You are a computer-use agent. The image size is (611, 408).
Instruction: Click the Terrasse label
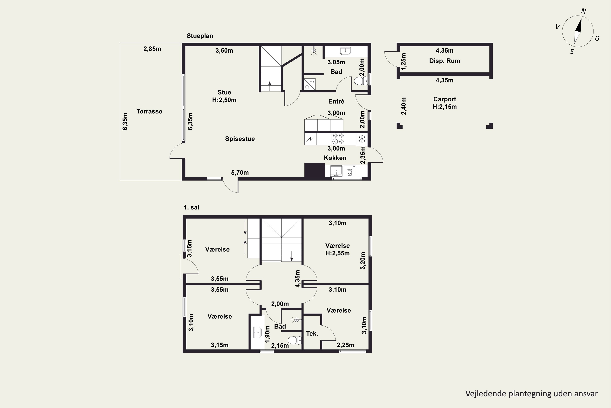[x=149, y=111]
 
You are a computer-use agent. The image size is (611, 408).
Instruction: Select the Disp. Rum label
[x=444, y=61]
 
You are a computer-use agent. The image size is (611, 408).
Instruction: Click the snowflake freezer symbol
[x=362, y=139]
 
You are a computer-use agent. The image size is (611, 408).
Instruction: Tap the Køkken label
[x=335, y=158]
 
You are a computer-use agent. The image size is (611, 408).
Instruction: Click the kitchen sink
[x=336, y=171]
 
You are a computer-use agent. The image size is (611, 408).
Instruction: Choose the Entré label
[x=336, y=101]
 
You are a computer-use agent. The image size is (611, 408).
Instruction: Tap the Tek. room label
[x=312, y=334]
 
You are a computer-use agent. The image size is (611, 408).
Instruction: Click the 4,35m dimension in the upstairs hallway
[x=297, y=279]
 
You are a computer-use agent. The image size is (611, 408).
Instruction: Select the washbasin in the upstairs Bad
[x=257, y=333]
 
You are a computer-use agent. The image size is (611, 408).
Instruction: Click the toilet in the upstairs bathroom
[x=294, y=340]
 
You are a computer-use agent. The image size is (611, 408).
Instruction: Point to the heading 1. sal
[x=191, y=207]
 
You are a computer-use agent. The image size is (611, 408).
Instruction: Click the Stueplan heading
[x=200, y=36]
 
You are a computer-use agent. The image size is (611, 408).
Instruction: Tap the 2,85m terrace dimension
[x=152, y=49]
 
